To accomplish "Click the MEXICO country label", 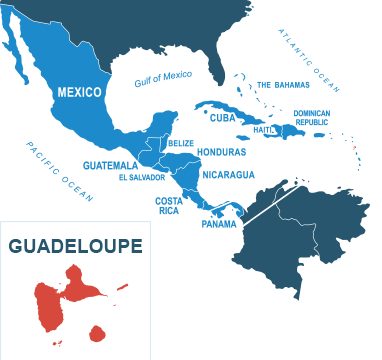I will pos(79,92).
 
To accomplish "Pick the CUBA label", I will pos(222,116).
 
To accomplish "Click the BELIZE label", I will pos(180,143).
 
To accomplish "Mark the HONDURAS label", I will pos(221,152).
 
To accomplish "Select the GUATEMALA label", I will pos(110,164).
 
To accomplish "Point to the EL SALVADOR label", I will pos(140,177).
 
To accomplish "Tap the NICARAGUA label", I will pos(229,174).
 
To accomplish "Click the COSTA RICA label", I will pos(167,205).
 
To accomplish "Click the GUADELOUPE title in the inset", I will pos(75,245).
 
